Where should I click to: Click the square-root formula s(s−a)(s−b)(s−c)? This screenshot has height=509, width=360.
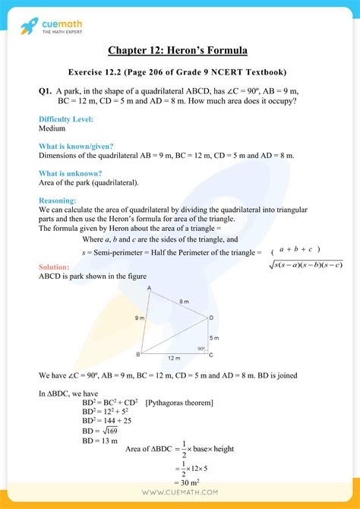tap(306, 264)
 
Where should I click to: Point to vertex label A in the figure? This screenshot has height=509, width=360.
tap(148, 287)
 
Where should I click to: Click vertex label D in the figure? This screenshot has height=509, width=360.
tap(210, 318)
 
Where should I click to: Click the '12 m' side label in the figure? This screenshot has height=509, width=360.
tap(173, 358)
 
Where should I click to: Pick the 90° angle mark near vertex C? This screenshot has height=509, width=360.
tap(201, 349)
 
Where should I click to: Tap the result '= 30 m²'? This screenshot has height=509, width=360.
tap(183, 482)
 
